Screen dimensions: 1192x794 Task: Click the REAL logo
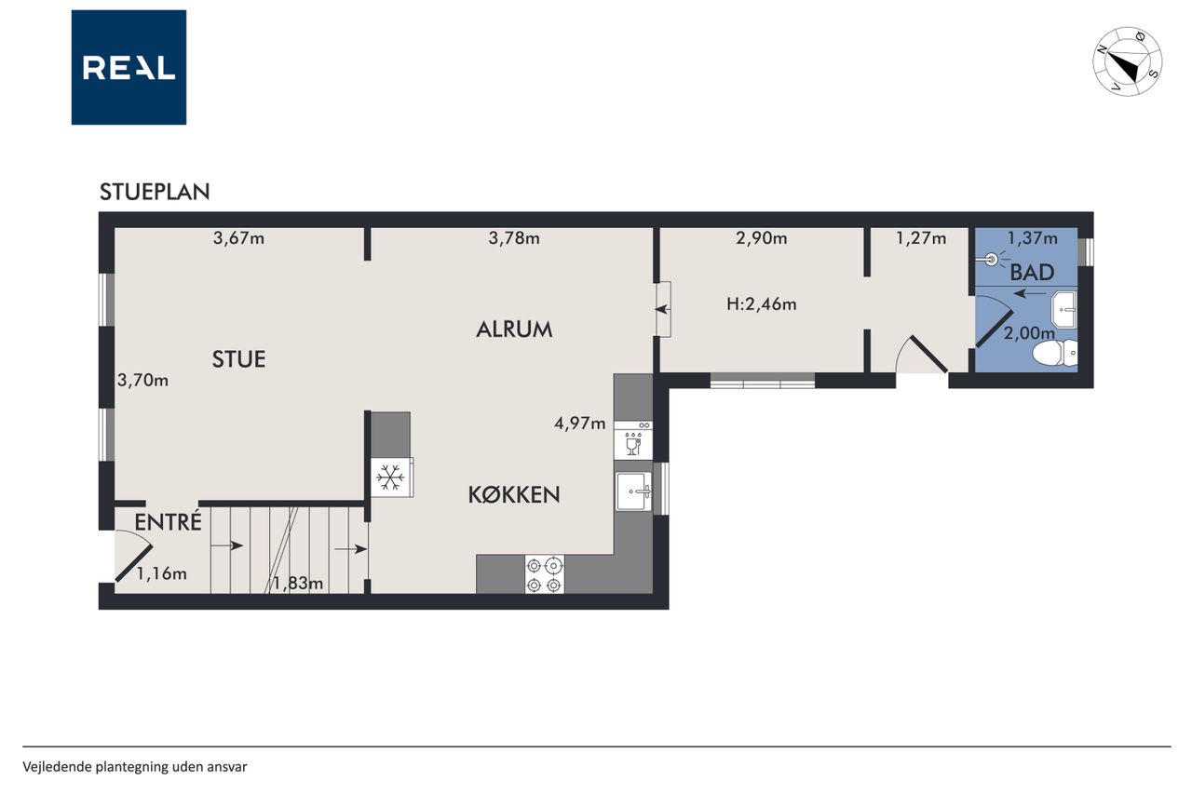pyautogui.click(x=129, y=68)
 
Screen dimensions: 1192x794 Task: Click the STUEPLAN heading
pyautogui.click(x=155, y=192)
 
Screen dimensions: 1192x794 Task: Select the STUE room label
pyautogui.click(x=239, y=359)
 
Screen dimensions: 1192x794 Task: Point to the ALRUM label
pyautogui.click(x=514, y=330)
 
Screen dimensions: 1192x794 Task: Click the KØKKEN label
pyautogui.click(x=514, y=495)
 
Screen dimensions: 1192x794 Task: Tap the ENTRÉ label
pyautogui.click(x=169, y=521)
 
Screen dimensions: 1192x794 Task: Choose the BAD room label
pyautogui.click(x=1032, y=273)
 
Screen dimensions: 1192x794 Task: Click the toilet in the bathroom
pyautogui.click(x=1055, y=353)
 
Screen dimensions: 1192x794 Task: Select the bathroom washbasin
pyautogui.click(x=1063, y=310)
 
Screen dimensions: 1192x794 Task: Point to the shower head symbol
pyautogui.click(x=991, y=260)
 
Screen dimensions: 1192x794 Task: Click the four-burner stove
pyautogui.click(x=545, y=574)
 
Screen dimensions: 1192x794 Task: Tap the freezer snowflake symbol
pyautogui.click(x=390, y=477)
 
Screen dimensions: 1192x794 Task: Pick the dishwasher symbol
pyautogui.click(x=632, y=441)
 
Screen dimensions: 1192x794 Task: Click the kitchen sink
pyautogui.click(x=634, y=491)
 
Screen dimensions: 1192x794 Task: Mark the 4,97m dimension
pyautogui.click(x=580, y=424)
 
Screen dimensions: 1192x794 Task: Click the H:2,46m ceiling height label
pyautogui.click(x=762, y=304)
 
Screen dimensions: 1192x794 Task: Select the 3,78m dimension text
pyautogui.click(x=514, y=238)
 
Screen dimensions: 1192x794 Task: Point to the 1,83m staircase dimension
pyautogui.click(x=298, y=584)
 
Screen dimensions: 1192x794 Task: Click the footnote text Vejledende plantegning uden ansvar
pyautogui.click(x=135, y=767)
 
